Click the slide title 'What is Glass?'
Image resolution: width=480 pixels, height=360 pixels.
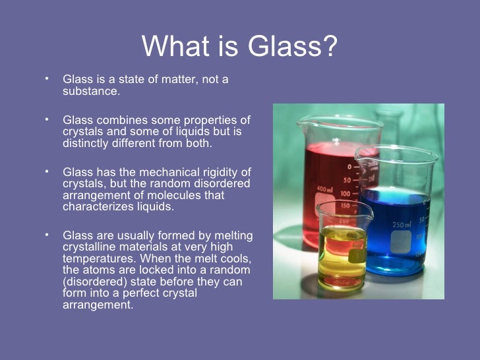pos(239,45)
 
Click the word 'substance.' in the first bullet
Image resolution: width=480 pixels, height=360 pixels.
pos(91,92)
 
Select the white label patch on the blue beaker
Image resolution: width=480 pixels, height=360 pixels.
pos(400,242)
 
